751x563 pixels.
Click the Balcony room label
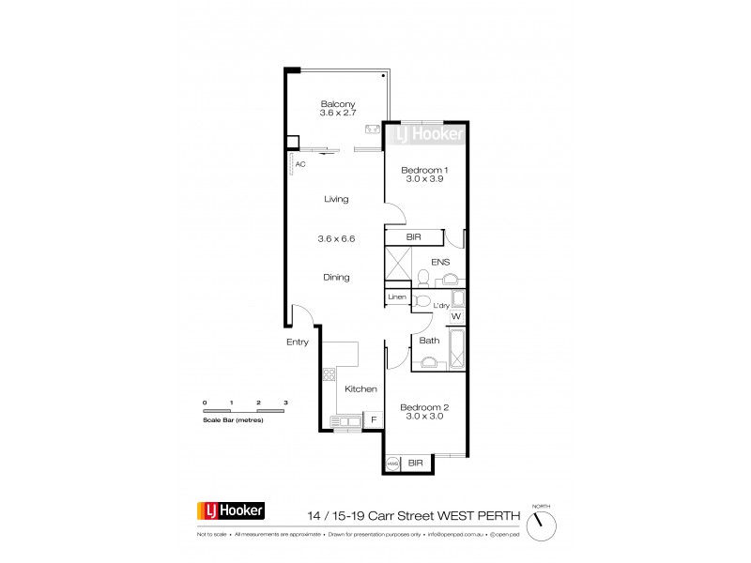tap(336, 103)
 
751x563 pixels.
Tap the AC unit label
tap(300, 164)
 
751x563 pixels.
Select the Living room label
tap(336, 199)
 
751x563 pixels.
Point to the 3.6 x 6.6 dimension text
tap(336, 238)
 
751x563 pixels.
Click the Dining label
tap(336, 277)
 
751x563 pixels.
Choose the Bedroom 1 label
tap(425, 170)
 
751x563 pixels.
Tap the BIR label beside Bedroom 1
tap(413, 238)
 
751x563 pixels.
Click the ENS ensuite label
tap(440, 263)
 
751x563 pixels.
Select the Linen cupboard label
tap(397, 297)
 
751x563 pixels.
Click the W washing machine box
tap(456, 317)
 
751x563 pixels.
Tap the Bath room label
tap(428, 342)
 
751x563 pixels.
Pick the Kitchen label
tap(360, 388)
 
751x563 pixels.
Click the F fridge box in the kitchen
tap(374, 419)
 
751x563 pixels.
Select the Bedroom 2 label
tap(425, 407)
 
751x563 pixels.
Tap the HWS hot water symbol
tap(392, 463)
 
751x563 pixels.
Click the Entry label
tap(298, 342)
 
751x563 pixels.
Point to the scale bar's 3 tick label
tap(285, 402)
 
